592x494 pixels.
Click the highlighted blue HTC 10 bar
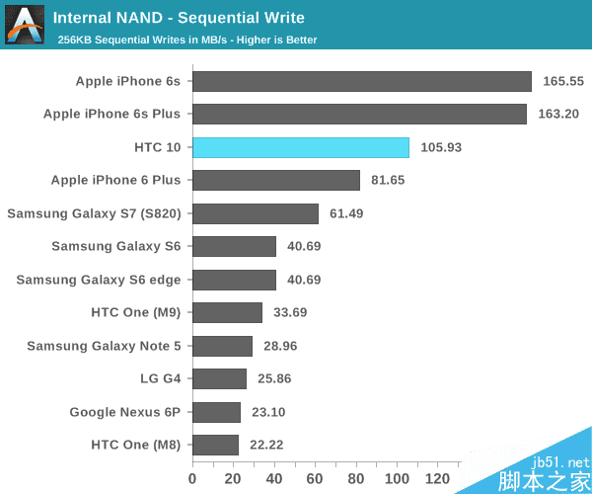pos(300,147)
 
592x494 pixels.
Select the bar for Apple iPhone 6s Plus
pos(359,114)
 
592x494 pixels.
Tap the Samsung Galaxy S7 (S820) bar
pos(255,213)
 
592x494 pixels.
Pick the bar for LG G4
pos(219,378)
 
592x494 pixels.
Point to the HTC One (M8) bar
pos(215,445)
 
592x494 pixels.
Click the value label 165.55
pos(563,81)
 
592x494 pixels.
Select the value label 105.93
pos(440,147)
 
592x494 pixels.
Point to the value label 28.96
pos(284,346)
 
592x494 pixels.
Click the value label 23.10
pos(272,412)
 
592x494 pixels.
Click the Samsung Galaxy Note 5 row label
pos(104,346)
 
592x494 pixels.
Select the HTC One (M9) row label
pos(135,312)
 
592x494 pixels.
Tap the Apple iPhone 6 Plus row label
pos(115,180)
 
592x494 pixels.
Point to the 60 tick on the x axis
pos(315,479)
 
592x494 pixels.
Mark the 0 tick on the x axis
pos(192,479)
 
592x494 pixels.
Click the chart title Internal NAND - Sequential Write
pos(179,18)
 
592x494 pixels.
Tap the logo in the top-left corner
pos(24,24)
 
